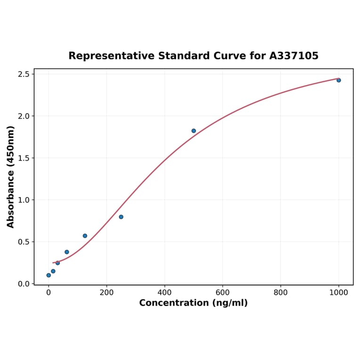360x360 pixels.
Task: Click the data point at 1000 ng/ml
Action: [x=338, y=80]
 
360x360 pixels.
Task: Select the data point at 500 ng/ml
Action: [x=194, y=131]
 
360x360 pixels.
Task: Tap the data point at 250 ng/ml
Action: [x=121, y=217]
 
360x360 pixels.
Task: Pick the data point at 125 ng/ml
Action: [x=85, y=236]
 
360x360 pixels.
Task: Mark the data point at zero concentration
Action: [x=49, y=275]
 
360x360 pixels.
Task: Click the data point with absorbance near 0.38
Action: [x=67, y=252]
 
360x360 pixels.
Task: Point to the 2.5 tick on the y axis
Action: [x=24, y=74]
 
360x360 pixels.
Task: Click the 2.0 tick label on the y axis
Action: [x=24, y=116]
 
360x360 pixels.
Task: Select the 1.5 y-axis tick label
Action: [x=24, y=158]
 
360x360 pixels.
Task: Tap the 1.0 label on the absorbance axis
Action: [x=24, y=200]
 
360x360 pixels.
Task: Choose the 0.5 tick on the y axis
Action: [x=24, y=242]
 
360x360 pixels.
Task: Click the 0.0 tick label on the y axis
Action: [x=24, y=284]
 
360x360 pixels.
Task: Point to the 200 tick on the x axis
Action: [x=106, y=293]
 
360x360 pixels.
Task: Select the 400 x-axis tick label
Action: [x=164, y=293]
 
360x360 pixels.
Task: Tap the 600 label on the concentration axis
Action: [x=222, y=293]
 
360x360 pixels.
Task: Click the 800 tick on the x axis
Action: [x=280, y=293]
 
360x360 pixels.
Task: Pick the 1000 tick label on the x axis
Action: [x=338, y=293]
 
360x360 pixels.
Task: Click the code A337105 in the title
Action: [x=294, y=56]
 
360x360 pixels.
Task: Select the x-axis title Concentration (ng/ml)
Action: [x=193, y=303]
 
